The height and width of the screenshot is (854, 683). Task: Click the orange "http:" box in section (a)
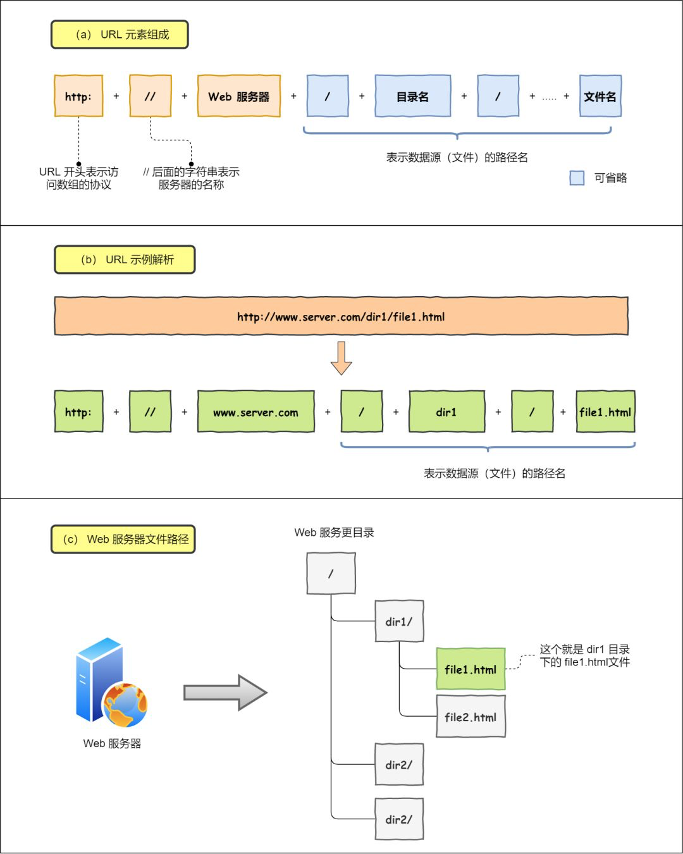tap(78, 96)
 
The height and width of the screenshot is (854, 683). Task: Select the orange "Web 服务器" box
tap(239, 96)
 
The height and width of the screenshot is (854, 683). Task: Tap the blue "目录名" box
tap(412, 96)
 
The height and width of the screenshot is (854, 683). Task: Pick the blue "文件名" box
tap(600, 96)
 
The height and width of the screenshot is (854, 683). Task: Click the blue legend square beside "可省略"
tap(577, 178)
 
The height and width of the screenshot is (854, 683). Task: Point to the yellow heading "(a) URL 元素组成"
tap(120, 35)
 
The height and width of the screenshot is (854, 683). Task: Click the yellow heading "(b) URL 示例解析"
tap(125, 260)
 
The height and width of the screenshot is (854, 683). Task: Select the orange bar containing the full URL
tap(341, 316)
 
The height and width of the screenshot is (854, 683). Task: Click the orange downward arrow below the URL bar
tap(341, 358)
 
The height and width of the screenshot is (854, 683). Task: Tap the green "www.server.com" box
tap(255, 412)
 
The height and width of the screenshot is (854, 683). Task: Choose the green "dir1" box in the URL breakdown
tap(446, 412)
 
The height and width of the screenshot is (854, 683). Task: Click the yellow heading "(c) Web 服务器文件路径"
tap(123, 540)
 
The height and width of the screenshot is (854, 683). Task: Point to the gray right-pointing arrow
tap(225, 693)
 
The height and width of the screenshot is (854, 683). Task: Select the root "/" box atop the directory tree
tap(331, 574)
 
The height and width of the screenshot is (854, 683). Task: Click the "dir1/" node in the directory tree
tap(399, 622)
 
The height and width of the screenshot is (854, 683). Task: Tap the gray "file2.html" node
tap(471, 717)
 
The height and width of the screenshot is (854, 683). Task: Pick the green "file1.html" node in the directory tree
tap(471, 669)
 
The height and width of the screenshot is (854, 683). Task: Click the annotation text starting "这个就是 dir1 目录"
tap(584, 656)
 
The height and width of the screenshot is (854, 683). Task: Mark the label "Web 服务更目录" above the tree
tap(334, 533)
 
